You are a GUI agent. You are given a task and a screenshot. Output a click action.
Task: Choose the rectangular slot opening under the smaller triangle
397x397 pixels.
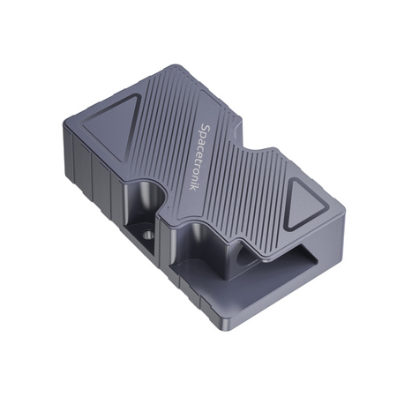pyautogui.click(x=304, y=258)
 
